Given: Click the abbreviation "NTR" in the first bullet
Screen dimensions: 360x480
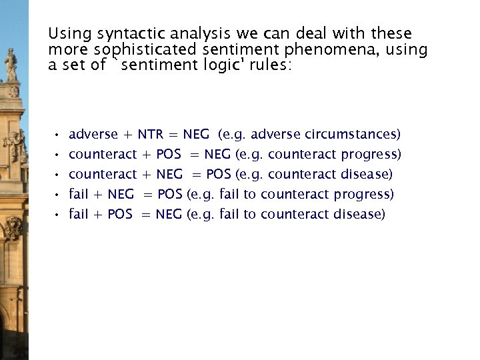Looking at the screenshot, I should (151, 135).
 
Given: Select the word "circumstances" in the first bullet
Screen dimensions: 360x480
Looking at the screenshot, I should (351, 135).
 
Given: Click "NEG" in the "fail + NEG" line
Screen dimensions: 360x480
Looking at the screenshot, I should (120, 195).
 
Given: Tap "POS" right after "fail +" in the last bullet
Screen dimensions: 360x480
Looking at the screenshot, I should (119, 215).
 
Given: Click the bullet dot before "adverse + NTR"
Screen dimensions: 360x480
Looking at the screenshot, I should (58, 135).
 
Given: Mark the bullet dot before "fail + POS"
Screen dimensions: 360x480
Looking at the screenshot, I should (58, 215).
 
